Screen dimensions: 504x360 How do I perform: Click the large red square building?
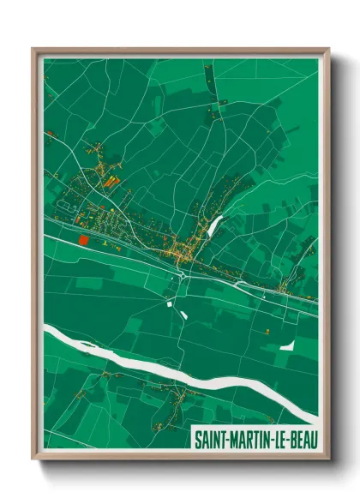click(84, 241)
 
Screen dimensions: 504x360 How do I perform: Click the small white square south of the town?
click(168, 303)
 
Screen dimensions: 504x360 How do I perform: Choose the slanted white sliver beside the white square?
click(183, 314)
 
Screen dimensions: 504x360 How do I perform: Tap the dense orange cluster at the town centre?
click(179, 253)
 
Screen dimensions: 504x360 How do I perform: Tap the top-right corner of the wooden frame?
click(328, 50)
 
